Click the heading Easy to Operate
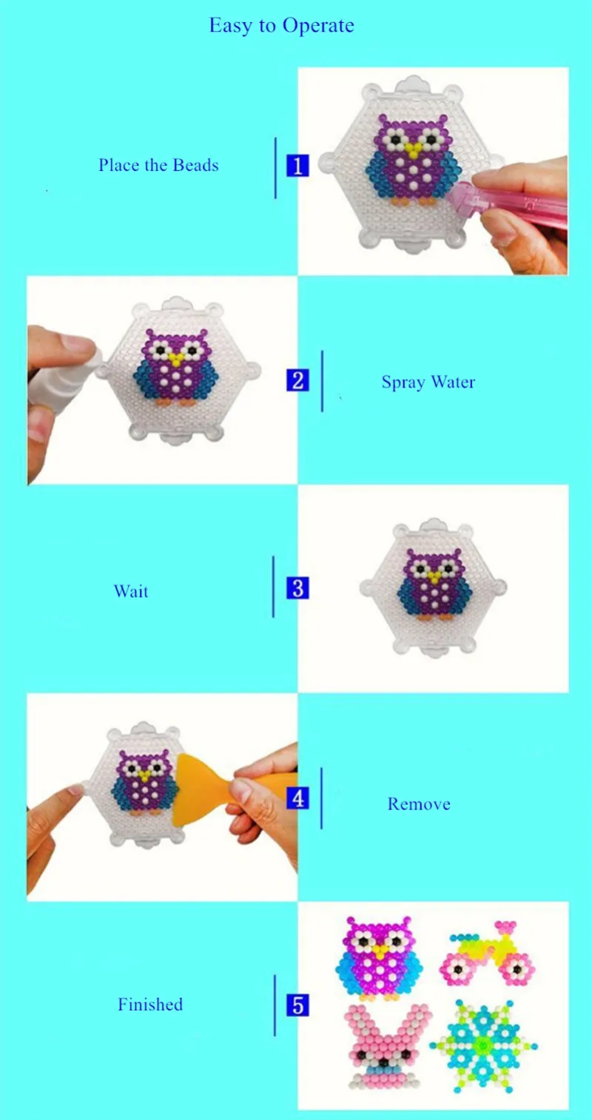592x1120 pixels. point(281,26)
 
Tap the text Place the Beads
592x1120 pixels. point(158,165)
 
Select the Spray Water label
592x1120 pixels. point(428,382)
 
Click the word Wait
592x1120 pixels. point(131,591)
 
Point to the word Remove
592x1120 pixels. point(419,804)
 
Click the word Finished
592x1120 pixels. point(150,1005)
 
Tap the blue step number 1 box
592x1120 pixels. point(297,166)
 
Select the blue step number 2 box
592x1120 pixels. point(297,380)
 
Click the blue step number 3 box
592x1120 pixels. point(297,589)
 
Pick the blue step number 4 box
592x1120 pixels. point(297,799)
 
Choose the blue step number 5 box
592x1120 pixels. point(297,1005)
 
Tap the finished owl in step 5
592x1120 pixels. point(378,958)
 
